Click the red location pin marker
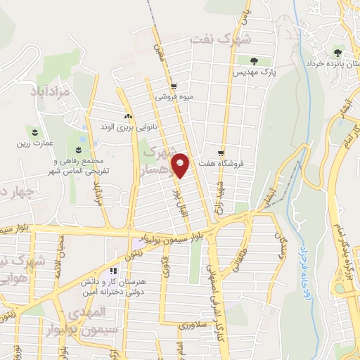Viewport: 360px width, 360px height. pyautogui.click(x=181, y=165)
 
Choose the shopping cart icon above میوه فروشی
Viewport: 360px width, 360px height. pyautogui.click(x=186, y=87)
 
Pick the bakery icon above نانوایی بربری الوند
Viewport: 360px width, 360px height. pyautogui.click(x=127, y=116)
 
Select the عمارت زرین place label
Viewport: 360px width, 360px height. pyautogui.click(x=35, y=143)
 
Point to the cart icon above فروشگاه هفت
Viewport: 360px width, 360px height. pyautogui.click(x=221, y=153)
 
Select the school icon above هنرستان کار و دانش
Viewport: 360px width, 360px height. pyautogui.click(x=113, y=271)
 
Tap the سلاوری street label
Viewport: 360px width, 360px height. pyautogui.click(x=191, y=326)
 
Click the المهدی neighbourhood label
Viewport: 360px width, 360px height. pyautogui.click(x=94, y=310)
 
